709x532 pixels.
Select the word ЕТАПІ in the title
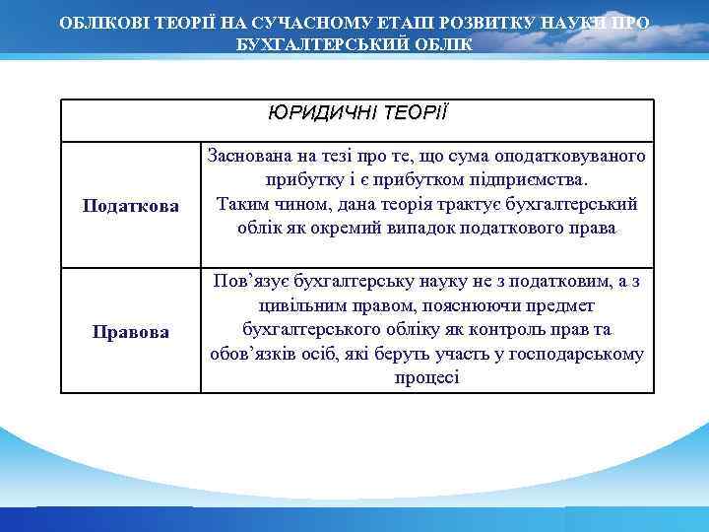400,21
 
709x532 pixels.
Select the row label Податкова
131,206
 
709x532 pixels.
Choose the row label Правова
131,331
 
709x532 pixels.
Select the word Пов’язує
245,283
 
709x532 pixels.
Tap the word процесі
426,377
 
